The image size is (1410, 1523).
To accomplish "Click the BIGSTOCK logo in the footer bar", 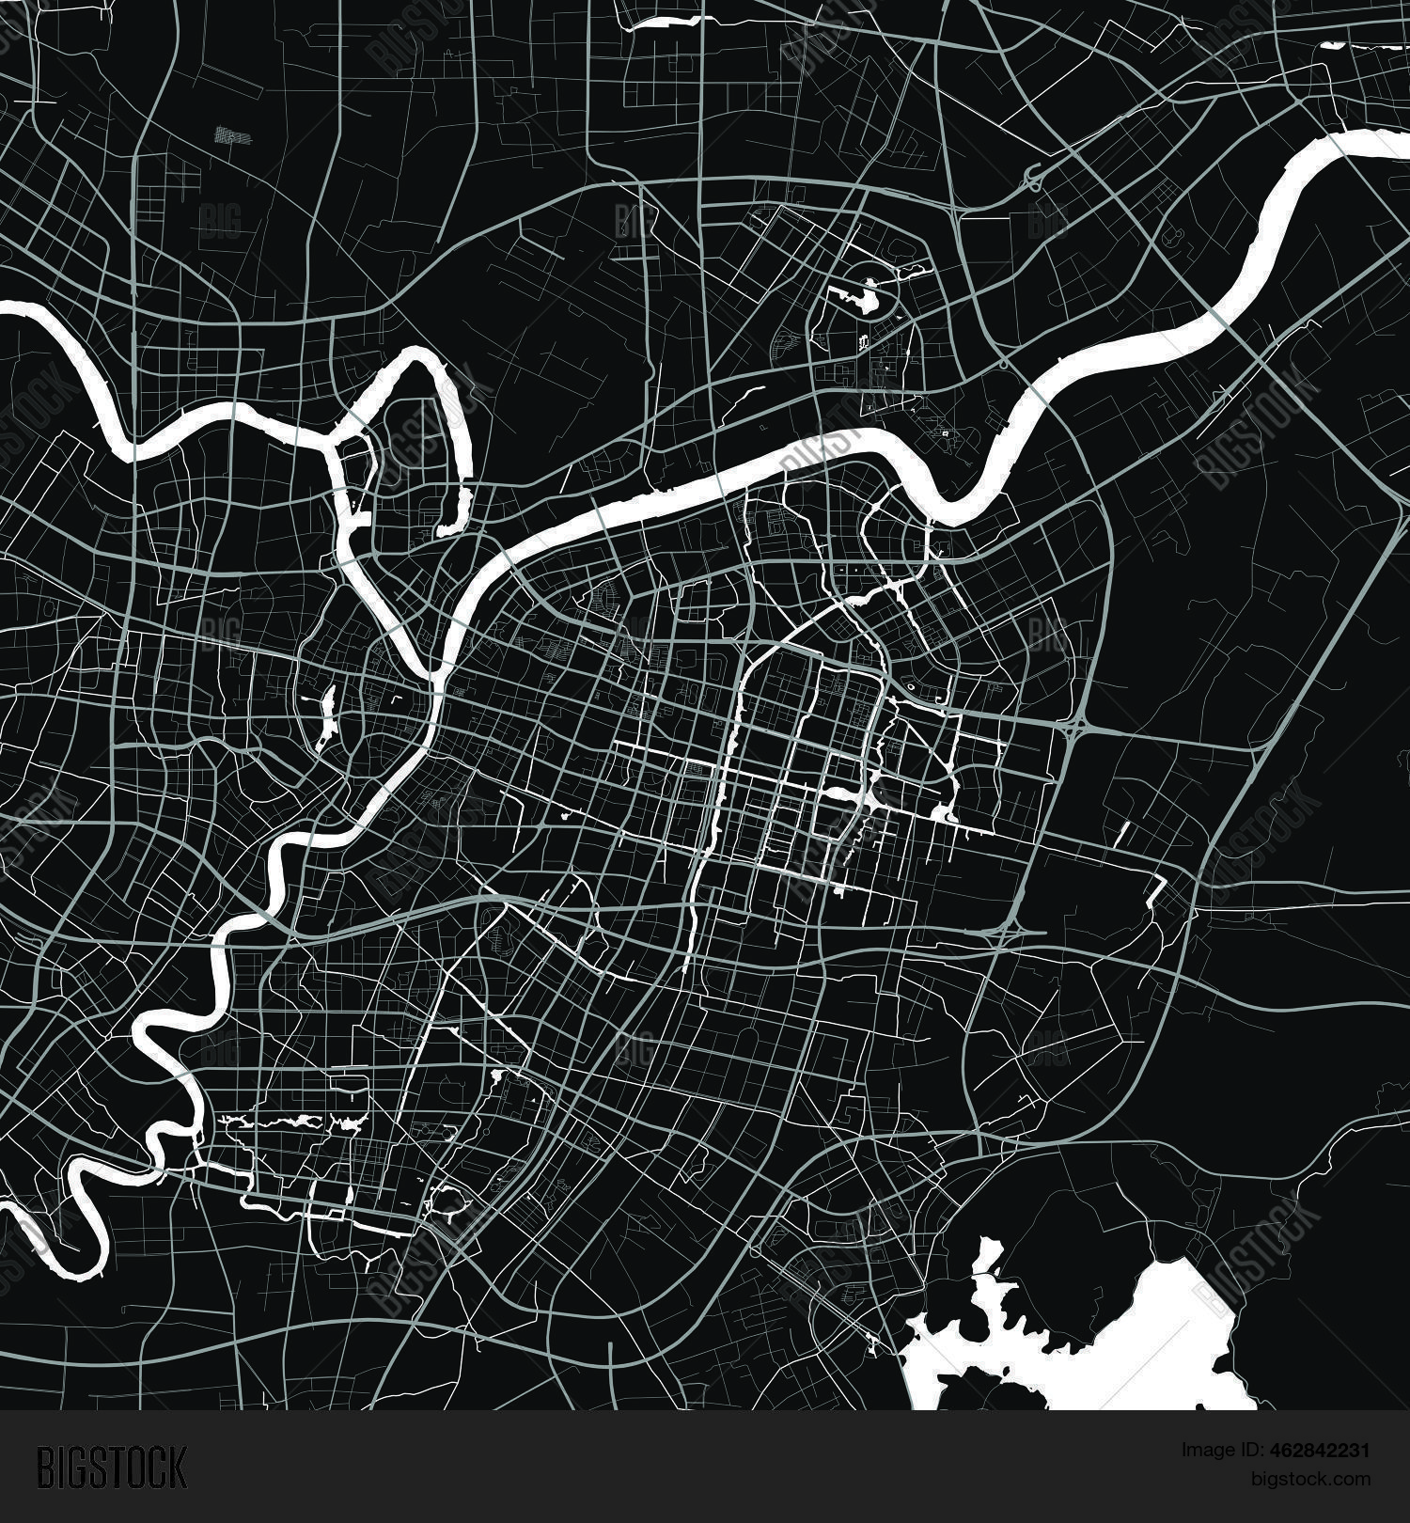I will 112,1468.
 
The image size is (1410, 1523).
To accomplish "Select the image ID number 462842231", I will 1322,1451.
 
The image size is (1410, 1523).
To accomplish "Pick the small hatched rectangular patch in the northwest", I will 233,135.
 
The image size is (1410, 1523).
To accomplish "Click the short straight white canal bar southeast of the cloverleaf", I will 1124,833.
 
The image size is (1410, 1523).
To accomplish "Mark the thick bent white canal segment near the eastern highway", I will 1158,888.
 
